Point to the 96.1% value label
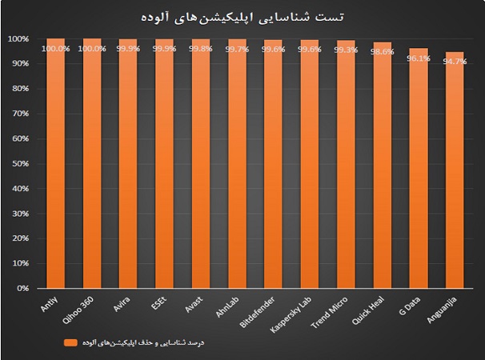click(x=419, y=57)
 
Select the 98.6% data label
click(x=383, y=51)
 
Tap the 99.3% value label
click(x=346, y=50)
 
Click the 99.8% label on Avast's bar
click(x=201, y=48)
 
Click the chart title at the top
click(x=242, y=17)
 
